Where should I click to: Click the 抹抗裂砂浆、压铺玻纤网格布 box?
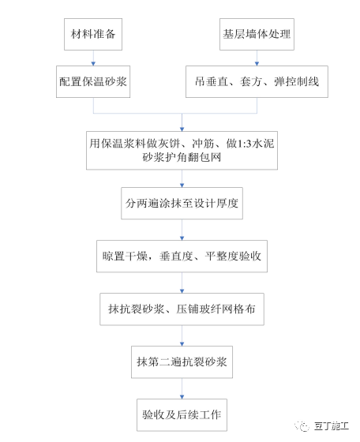[x=182, y=310]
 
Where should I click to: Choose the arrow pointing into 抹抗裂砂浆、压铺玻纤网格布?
[x=182, y=284]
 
